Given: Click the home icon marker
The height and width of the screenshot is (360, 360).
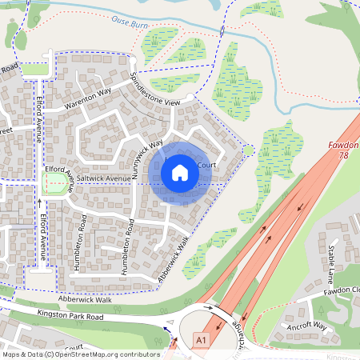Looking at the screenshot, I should click(x=180, y=173).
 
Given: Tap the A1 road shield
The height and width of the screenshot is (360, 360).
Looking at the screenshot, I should click(x=203, y=340).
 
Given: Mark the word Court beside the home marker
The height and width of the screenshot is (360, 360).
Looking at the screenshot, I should click(x=206, y=165).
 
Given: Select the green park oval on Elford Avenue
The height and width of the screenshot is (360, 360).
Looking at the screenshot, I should click(x=56, y=185).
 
